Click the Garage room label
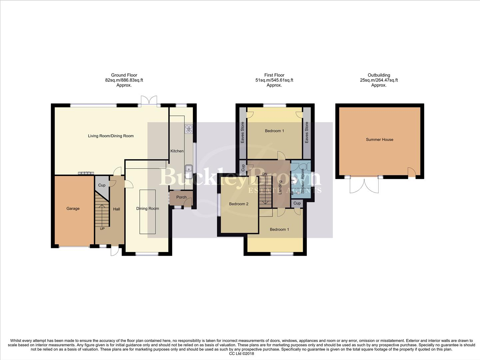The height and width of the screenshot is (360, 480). click(x=73, y=209)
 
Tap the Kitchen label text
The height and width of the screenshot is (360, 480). click(x=177, y=151)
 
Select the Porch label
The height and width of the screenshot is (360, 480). click(x=181, y=197)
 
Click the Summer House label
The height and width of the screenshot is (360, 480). click(x=379, y=140)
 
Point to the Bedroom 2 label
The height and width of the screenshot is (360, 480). click(x=239, y=204)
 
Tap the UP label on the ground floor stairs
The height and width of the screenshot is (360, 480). click(x=102, y=229)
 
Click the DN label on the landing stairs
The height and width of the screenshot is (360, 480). click(x=265, y=174)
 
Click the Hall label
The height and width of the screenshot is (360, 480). click(x=116, y=209)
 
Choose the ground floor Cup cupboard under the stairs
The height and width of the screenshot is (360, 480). click(x=102, y=185)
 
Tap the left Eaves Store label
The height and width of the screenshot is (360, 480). click(x=242, y=133)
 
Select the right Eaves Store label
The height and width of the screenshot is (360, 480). click(x=307, y=133)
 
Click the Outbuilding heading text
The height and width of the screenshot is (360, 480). click(x=379, y=75)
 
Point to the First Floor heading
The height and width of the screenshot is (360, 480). click(x=274, y=75)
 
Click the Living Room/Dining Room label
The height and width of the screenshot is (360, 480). click(x=111, y=136)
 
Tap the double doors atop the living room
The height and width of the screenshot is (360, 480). click(x=149, y=100)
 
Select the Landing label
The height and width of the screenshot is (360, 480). click(x=280, y=188)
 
